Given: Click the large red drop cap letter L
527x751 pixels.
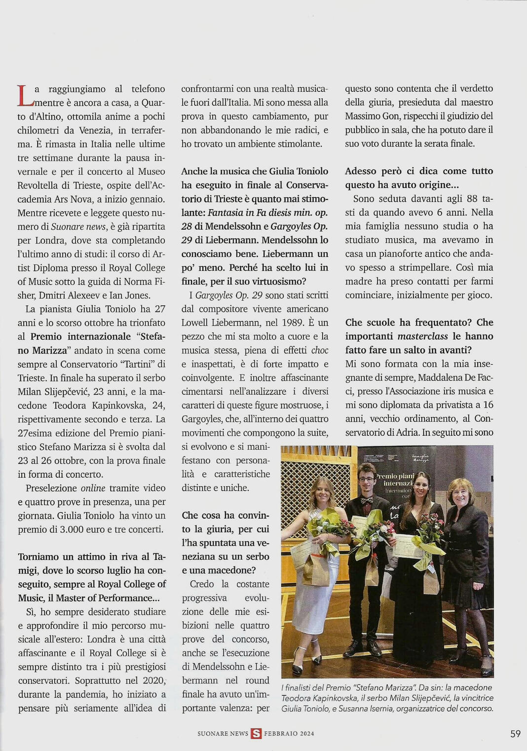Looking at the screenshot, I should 25,95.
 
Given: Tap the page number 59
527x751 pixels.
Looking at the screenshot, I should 515,734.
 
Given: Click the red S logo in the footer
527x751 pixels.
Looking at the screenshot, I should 256,734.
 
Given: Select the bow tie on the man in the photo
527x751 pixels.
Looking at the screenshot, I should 366,500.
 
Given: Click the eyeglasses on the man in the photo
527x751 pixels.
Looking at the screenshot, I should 366,478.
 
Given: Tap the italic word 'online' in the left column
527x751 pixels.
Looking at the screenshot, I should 93,488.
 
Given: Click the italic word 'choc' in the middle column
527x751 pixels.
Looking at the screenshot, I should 320,350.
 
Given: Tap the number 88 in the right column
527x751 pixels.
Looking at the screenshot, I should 472,199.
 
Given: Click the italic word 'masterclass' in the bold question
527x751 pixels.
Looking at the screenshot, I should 423,336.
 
